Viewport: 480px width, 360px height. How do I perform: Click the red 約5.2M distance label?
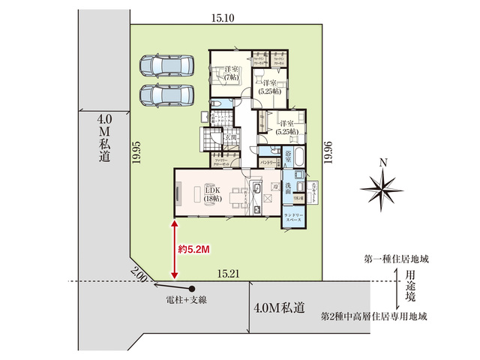pos(193,247)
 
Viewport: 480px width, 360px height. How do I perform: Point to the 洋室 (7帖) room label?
pos(229,73)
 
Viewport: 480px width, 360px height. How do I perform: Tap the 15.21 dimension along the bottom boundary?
pos(228,274)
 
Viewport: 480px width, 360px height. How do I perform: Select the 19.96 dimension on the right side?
pos(327,154)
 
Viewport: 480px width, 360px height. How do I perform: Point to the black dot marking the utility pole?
pos(192,289)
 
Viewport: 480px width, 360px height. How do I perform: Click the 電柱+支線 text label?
pos(187,300)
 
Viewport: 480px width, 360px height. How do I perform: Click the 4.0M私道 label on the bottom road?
pos(279,307)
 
